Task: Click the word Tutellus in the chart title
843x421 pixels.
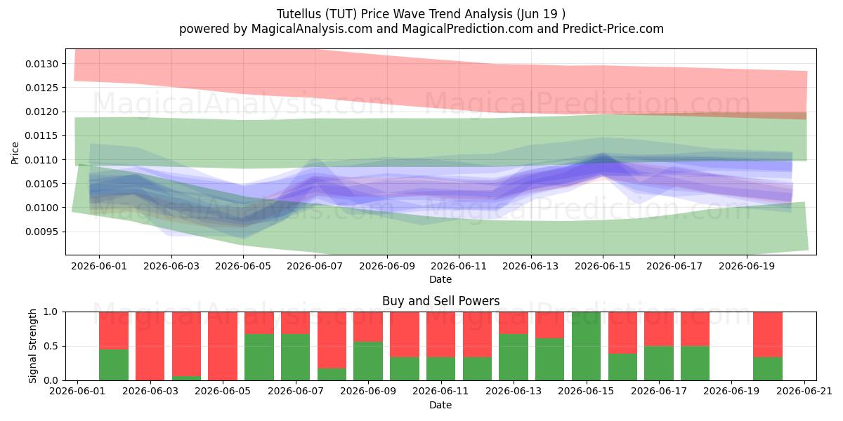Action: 299,14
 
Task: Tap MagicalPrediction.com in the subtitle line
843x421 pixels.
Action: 467,29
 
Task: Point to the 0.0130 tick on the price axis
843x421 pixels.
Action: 42,64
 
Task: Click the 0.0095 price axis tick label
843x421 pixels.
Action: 42,232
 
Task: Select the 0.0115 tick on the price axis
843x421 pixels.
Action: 42,135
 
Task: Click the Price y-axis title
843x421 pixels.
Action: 15,153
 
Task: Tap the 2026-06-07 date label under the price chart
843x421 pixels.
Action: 315,266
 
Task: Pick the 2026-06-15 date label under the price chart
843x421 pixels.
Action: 603,266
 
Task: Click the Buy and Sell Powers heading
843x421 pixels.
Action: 440,301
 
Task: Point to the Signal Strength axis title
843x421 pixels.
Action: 33,346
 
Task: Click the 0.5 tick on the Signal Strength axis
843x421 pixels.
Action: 51,346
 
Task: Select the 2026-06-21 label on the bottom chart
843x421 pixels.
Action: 804,392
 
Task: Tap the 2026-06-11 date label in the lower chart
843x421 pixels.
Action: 440,392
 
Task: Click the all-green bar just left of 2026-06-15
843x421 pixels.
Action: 586,346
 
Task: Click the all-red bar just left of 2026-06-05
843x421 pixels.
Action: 223,346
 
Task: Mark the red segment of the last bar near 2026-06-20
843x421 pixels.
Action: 768,334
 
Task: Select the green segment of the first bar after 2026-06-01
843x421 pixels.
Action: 114,365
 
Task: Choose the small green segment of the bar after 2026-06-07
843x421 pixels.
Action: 332,374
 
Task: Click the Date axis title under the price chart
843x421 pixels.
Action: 440,279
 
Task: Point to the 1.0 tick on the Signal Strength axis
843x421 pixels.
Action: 51,312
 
